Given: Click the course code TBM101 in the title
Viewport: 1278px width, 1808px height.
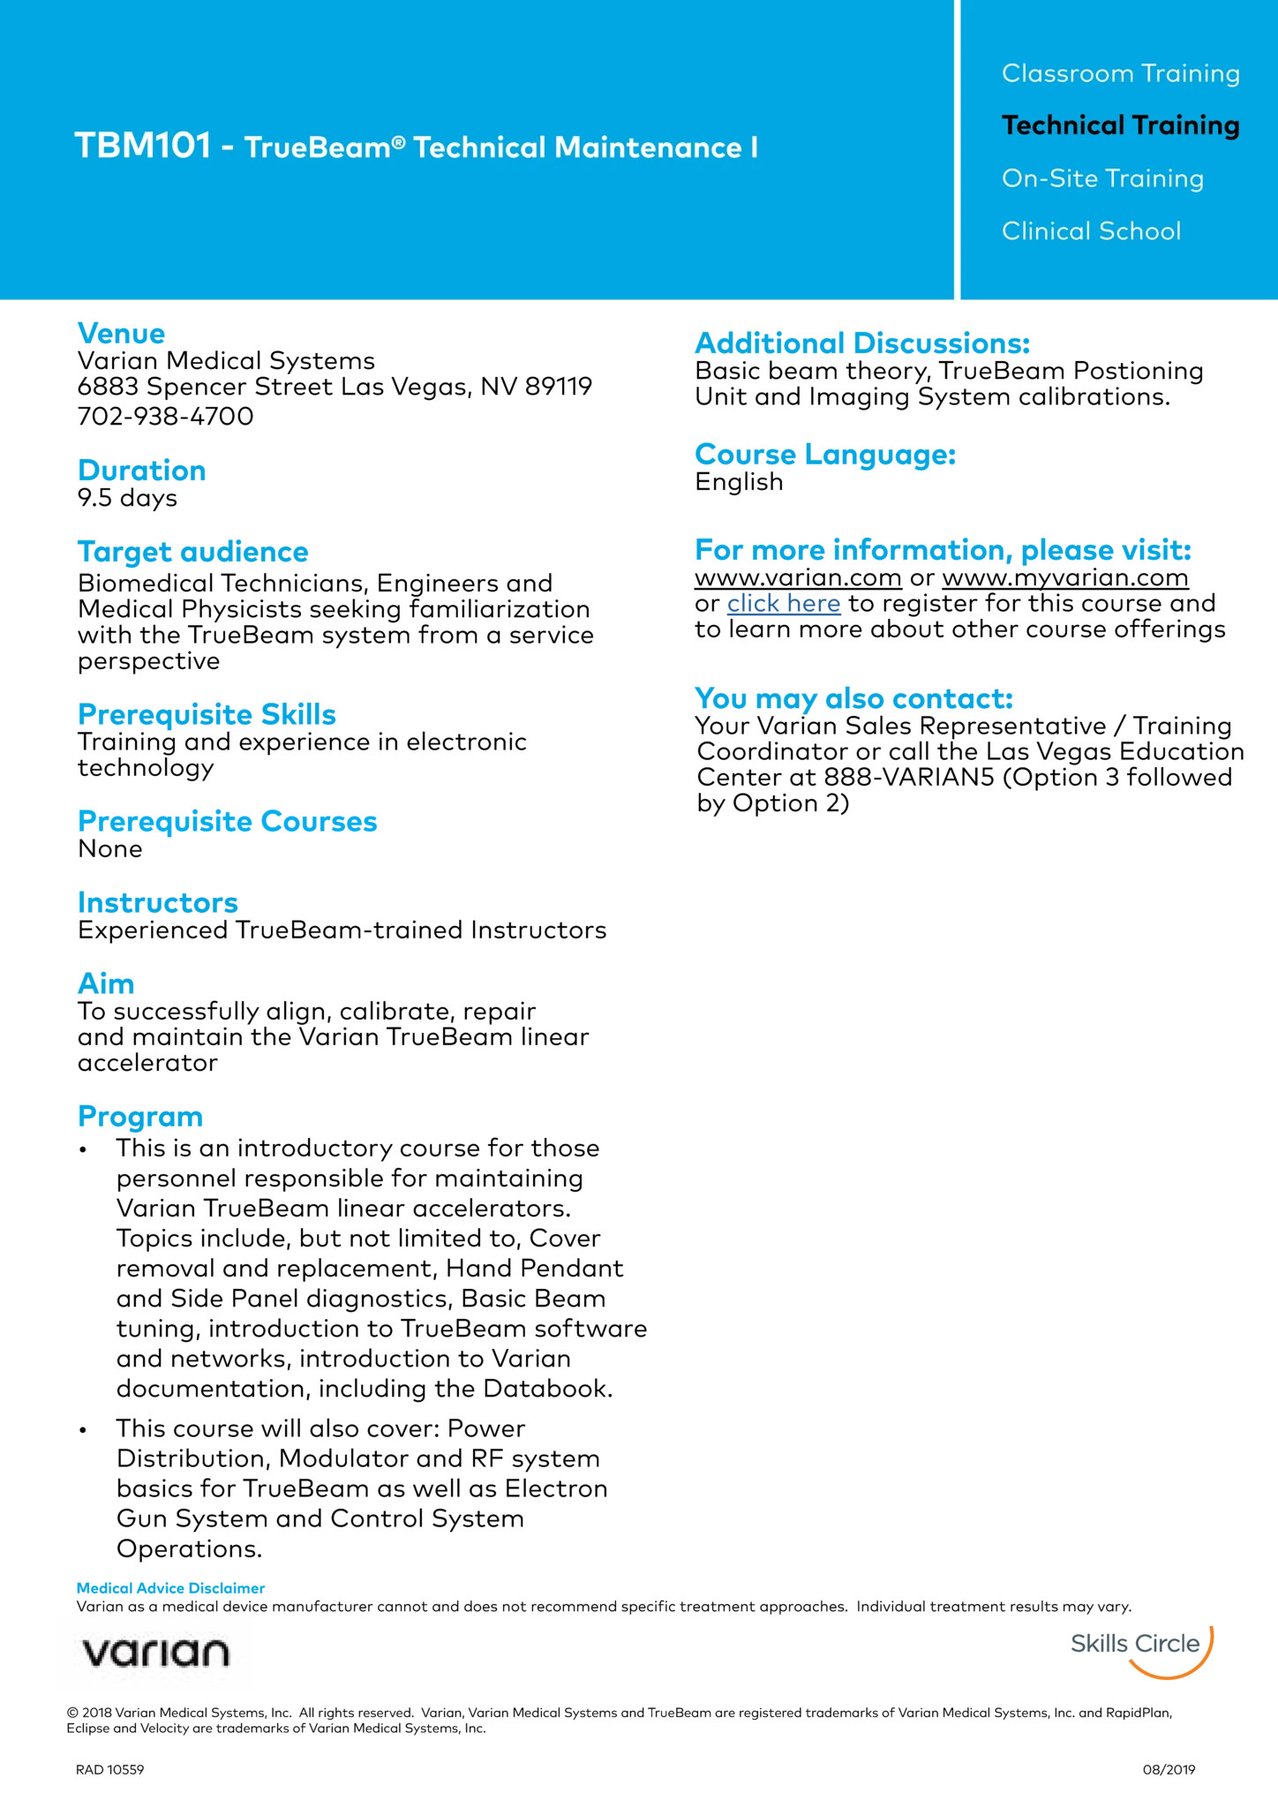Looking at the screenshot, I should click(143, 147).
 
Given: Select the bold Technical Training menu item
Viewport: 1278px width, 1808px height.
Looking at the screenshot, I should click(1120, 125).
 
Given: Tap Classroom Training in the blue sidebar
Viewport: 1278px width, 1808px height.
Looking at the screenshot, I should click(1120, 73).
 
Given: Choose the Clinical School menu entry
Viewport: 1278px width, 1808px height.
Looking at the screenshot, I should click(1091, 231).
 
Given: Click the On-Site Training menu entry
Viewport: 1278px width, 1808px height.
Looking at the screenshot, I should click(1102, 178).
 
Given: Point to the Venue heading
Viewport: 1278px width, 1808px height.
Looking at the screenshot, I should click(121, 334).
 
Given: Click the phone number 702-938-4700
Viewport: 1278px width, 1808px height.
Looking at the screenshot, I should click(166, 416).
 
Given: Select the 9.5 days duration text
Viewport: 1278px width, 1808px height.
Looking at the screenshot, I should click(127, 498).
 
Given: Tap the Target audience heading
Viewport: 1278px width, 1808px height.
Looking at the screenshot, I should click(193, 552).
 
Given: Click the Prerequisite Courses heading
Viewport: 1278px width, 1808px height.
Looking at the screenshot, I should click(228, 821).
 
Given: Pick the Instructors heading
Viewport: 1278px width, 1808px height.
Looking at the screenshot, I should click(158, 902).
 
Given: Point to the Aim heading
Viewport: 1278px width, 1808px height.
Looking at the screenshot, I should click(106, 983).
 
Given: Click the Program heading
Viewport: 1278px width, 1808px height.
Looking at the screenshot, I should click(140, 1117).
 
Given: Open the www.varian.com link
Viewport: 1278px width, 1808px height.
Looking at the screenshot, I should click(798, 578).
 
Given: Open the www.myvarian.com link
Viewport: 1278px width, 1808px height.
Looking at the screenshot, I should click(1065, 578).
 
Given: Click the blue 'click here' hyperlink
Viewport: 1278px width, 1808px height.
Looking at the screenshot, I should click(784, 604).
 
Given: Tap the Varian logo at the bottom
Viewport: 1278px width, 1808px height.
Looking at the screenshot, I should click(155, 1652).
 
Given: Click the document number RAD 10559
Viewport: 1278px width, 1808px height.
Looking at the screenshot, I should click(109, 1769).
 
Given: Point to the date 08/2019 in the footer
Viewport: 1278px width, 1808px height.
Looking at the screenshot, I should click(1169, 1769).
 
